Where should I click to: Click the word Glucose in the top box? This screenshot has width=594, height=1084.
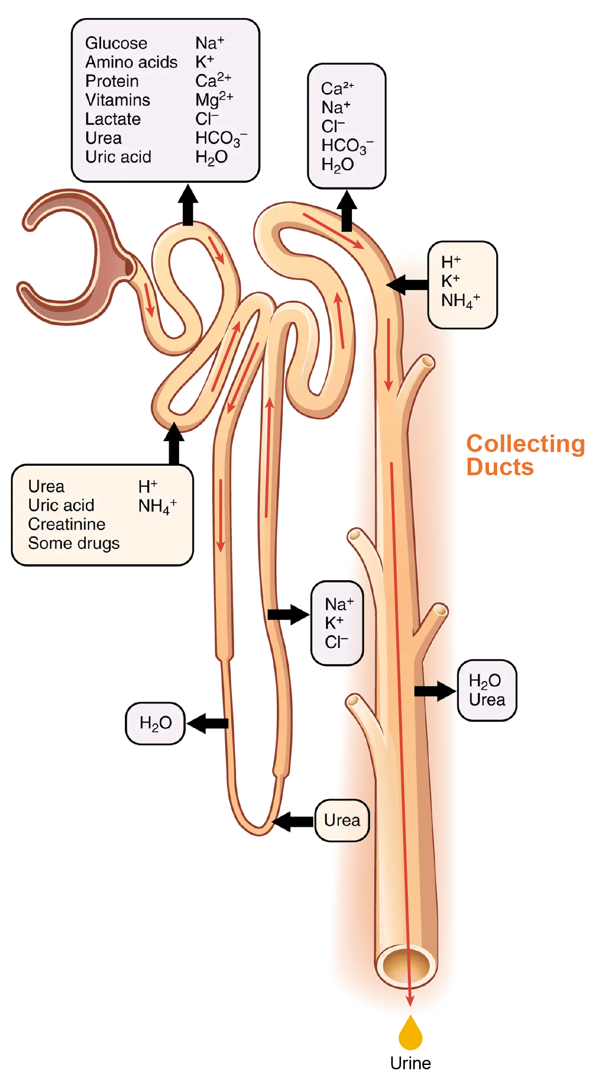pyautogui.click(x=116, y=43)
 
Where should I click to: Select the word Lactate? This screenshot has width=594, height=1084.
pyautogui.click(x=113, y=119)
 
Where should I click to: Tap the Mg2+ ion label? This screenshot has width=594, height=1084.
pyautogui.click(x=214, y=100)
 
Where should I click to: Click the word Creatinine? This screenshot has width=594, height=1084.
pyautogui.click(x=66, y=524)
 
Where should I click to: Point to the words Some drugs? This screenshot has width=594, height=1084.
pyautogui.click(x=74, y=543)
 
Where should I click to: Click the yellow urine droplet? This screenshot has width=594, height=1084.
pyautogui.click(x=410, y=1034)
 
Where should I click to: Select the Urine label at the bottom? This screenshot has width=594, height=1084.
pyautogui.click(x=410, y=1064)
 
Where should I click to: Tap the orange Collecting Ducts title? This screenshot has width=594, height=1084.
pyautogui.click(x=525, y=455)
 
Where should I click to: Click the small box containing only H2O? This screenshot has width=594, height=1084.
pyautogui.click(x=155, y=723)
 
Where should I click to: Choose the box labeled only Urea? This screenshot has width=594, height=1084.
pyautogui.click(x=342, y=820)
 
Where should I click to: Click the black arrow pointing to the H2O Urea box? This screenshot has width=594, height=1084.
pyautogui.click(x=434, y=691)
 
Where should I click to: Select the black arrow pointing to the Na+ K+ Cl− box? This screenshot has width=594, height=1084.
pyautogui.click(x=288, y=615)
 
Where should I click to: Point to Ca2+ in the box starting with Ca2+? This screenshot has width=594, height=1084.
pyautogui.click(x=337, y=88)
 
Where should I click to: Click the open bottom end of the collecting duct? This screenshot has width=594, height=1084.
pyautogui.click(x=406, y=965)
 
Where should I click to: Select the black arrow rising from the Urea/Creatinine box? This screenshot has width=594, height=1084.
pyautogui.click(x=174, y=443)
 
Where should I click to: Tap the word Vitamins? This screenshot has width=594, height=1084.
pyautogui.click(x=117, y=100)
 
